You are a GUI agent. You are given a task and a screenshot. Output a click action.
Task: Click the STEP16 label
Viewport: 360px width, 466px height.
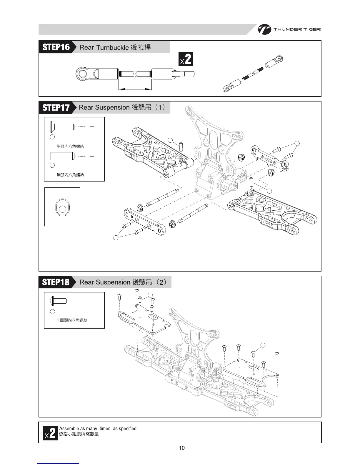coord(56,47)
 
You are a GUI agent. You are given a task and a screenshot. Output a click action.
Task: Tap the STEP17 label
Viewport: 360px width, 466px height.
coord(56,107)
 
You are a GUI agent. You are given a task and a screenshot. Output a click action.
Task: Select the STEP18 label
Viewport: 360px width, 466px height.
coord(56,282)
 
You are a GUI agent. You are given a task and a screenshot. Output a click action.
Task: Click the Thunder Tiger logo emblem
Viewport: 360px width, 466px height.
coord(264,29)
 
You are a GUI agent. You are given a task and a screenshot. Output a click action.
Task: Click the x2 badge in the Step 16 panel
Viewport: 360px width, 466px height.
coord(186,59)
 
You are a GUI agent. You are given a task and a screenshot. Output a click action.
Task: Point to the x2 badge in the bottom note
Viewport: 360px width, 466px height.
coord(50,433)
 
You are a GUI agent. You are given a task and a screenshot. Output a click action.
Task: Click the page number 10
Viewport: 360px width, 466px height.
coord(182,448)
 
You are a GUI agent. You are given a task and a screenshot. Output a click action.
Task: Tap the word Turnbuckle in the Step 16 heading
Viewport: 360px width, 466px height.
coord(112,47)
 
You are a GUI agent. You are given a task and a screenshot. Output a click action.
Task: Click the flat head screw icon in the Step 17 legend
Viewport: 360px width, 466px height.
coord(62,127)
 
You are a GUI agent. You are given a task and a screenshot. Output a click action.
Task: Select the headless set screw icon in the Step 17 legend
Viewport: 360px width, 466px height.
coord(62,156)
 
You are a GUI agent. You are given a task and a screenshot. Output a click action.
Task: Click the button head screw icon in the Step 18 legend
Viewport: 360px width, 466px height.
coord(59,301)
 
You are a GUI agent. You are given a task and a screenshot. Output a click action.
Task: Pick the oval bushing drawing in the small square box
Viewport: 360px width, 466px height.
coord(62,207)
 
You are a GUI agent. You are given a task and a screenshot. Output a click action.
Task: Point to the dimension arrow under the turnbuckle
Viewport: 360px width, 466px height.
coord(135,89)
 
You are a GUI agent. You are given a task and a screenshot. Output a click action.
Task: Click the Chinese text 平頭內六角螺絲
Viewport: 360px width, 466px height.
coord(70,146)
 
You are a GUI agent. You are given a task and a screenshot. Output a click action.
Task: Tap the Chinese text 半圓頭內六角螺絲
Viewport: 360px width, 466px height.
coord(72,320)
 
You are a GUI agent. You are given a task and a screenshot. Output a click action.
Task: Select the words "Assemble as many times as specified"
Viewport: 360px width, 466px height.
coord(98,429)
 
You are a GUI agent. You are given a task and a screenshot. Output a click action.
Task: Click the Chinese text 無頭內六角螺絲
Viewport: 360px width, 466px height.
coord(70,175)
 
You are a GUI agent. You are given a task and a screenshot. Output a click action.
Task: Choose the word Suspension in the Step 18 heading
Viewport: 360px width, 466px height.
coord(113,282)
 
